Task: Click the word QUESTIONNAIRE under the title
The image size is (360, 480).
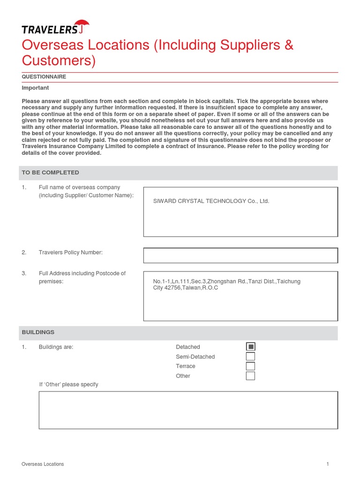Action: [44, 76]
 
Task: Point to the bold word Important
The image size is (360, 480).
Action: [35, 88]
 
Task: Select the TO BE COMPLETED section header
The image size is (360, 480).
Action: [50, 172]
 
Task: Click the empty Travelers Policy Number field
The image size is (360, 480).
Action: [240, 255]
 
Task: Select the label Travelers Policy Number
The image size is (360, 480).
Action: [70, 253]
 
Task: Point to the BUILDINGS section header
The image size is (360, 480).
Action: [38, 332]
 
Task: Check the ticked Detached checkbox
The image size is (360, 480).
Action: [250, 347]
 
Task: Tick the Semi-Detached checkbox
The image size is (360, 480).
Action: [250, 357]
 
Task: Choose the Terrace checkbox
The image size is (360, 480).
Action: [250, 366]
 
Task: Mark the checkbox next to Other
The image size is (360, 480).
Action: [250, 376]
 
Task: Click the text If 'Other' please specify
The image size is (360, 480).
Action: [68, 384]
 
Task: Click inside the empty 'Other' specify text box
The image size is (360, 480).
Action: [187, 410]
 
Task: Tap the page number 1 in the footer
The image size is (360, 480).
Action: [328, 464]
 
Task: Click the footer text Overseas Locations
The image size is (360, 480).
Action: [43, 464]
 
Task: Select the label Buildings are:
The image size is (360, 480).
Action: [56, 347]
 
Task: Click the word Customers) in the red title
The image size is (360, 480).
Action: [59, 60]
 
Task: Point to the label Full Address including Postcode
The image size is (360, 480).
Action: [82, 273]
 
